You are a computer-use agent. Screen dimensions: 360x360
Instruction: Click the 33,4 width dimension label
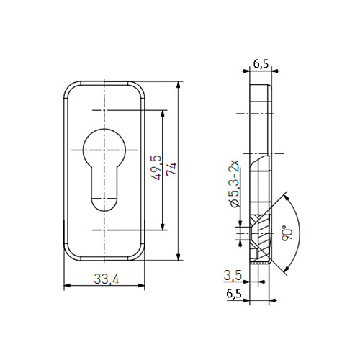107,279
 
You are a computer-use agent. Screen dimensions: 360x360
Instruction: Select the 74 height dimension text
172,170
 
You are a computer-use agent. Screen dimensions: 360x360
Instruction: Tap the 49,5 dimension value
156,168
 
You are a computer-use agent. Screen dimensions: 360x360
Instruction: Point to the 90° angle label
287,233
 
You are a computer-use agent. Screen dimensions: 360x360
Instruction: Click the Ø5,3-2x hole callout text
235,183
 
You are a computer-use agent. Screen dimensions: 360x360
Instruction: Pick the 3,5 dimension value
233,275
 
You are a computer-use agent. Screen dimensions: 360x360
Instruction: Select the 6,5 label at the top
261,64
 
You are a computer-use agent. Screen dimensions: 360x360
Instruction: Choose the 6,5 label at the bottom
234,294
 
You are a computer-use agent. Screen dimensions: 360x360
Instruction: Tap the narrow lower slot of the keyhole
104,189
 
